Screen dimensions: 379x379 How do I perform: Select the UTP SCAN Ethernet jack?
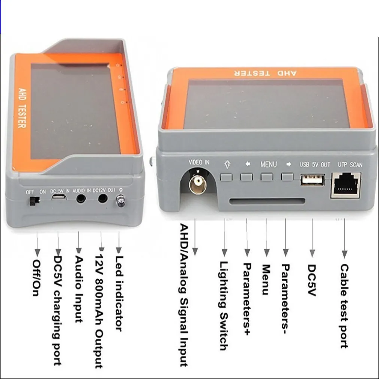tap(345, 185)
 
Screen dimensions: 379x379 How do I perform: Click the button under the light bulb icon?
tap(226, 176)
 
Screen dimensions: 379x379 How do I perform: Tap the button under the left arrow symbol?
tap(247, 176)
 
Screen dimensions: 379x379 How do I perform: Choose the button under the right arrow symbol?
tap(287, 176)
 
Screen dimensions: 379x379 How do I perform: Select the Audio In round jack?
tap(80, 199)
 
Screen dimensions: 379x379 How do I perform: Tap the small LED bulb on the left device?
tap(121, 202)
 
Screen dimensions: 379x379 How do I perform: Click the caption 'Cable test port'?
tap(344, 306)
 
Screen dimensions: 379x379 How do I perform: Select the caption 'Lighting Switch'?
tap(224, 306)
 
